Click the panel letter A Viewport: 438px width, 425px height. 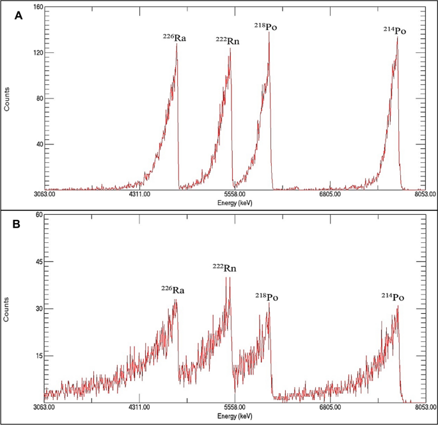(x=20, y=17)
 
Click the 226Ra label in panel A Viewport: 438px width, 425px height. (x=174, y=38)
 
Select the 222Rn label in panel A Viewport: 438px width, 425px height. (x=228, y=40)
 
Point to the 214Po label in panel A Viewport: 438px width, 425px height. (x=394, y=30)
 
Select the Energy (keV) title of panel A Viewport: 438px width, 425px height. (x=235, y=202)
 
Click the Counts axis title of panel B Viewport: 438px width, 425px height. (x=7, y=309)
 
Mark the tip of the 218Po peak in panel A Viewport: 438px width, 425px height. (x=269, y=32)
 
